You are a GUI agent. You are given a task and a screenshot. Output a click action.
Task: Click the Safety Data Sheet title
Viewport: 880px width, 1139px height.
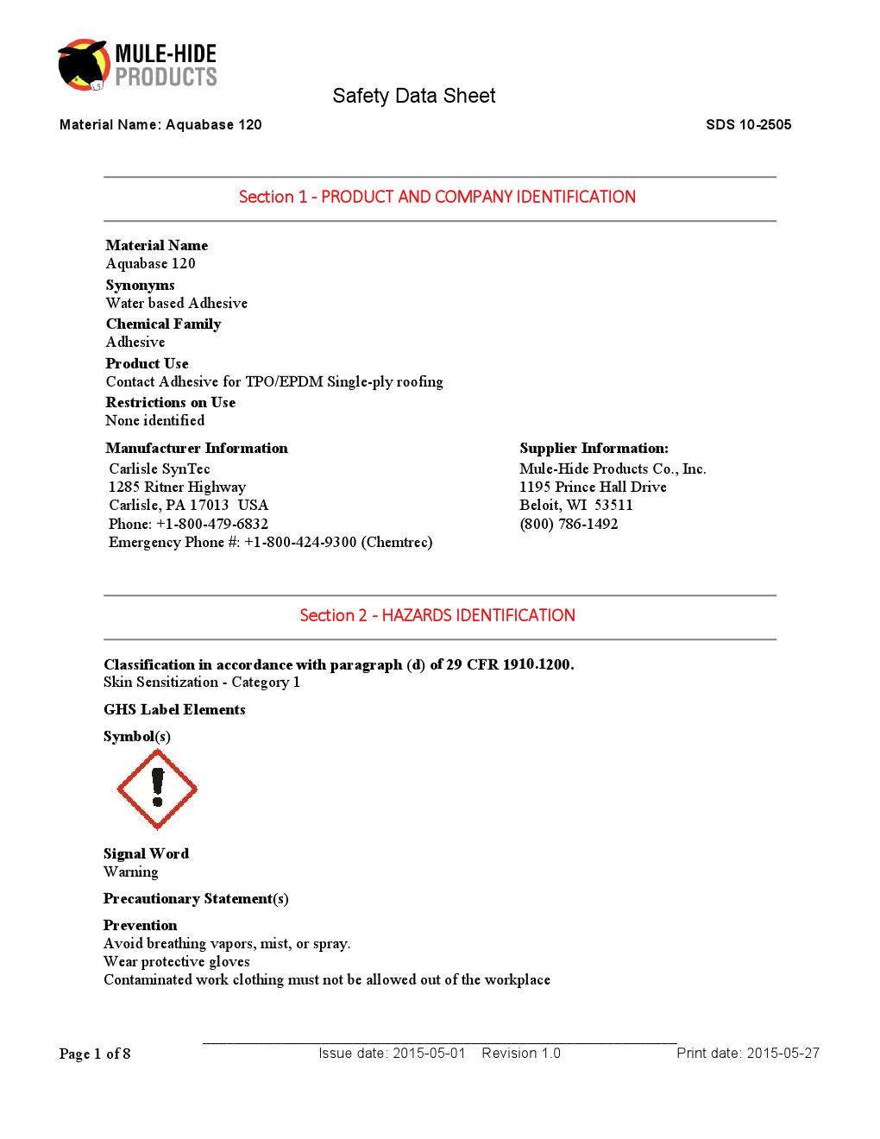pyautogui.click(x=413, y=96)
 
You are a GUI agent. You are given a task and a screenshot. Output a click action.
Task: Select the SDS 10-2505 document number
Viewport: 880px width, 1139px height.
pyautogui.click(x=748, y=125)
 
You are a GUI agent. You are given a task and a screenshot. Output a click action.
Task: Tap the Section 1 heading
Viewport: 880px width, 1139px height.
pyautogui.click(x=437, y=197)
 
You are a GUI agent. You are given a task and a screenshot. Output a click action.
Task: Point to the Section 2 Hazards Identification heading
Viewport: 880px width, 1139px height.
pyautogui.click(x=437, y=615)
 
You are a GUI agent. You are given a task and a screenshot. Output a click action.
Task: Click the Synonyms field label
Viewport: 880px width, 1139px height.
pyautogui.click(x=140, y=285)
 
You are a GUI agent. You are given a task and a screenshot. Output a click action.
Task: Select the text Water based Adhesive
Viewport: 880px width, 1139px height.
pyautogui.click(x=176, y=303)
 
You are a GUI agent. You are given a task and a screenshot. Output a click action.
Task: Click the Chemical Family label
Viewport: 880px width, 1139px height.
pyautogui.click(x=163, y=324)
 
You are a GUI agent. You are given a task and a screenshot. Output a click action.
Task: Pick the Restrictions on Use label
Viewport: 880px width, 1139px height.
pyautogui.click(x=170, y=402)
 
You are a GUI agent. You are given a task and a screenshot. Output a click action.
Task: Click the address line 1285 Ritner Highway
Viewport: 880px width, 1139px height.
pyautogui.click(x=177, y=487)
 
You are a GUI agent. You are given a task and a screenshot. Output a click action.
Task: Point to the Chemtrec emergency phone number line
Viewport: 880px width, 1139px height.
pyautogui.click(x=270, y=542)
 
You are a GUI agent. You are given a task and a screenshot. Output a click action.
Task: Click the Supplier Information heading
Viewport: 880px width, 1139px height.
pyautogui.click(x=594, y=448)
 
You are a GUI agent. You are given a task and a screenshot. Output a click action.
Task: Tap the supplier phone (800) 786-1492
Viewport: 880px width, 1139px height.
pyautogui.click(x=569, y=524)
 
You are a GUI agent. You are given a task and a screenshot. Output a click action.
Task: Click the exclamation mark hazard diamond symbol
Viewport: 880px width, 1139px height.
pyautogui.click(x=157, y=789)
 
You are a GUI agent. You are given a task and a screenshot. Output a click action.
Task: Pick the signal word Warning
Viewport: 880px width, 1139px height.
pyautogui.click(x=130, y=872)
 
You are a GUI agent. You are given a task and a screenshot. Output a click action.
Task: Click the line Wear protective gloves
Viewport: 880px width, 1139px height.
pyautogui.click(x=176, y=961)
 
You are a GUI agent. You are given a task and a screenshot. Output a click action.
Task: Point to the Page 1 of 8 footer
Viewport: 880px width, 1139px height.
pyautogui.click(x=95, y=1054)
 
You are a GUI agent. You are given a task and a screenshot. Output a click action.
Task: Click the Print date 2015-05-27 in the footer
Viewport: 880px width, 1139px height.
pyautogui.click(x=747, y=1053)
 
